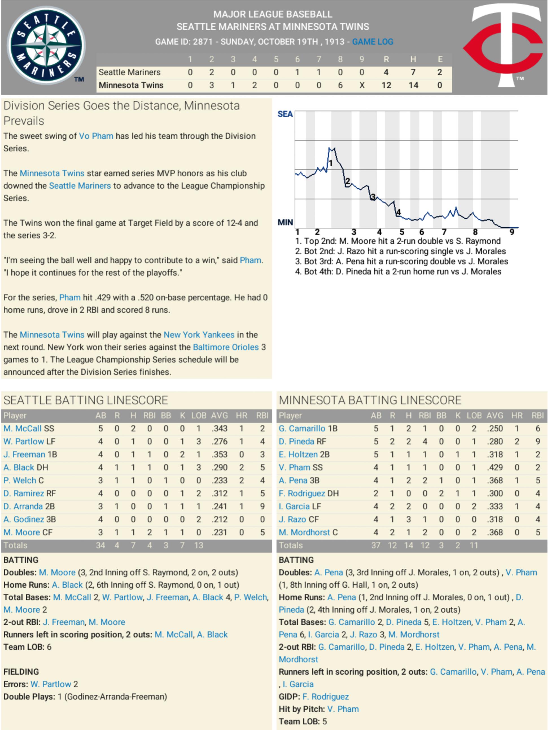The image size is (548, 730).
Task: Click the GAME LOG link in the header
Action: [372, 42]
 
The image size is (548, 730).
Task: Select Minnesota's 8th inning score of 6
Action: [340, 85]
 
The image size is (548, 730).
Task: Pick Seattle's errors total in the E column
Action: [440, 72]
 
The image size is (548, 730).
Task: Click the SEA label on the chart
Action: [285, 114]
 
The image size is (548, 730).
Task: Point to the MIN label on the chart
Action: [285, 223]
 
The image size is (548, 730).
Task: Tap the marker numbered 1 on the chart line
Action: [331, 163]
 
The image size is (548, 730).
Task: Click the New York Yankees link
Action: [199, 335]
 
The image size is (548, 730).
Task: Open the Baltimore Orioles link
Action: [226, 347]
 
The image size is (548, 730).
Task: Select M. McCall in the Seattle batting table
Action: [22, 428]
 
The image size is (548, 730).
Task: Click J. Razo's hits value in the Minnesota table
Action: [409, 519]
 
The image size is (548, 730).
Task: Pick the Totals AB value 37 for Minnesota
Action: [376, 545]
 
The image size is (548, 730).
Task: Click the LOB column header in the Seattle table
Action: [198, 415]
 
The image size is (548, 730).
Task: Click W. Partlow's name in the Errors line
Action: [51, 684]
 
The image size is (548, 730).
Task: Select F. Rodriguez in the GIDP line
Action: [325, 696]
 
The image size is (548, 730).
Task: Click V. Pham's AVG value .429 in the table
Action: [495, 467]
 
